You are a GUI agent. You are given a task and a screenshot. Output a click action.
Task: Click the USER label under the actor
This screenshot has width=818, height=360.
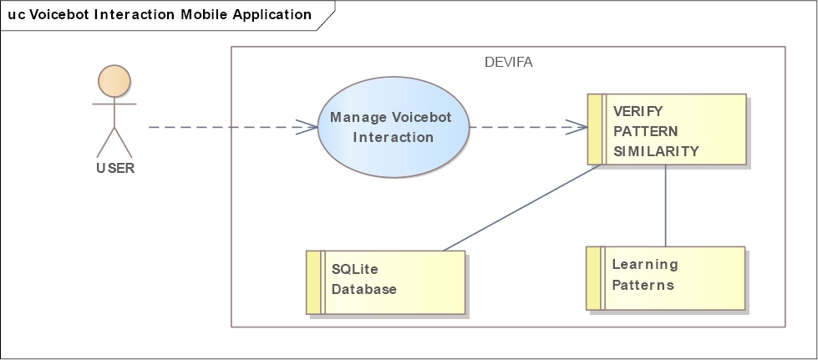click(x=114, y=167)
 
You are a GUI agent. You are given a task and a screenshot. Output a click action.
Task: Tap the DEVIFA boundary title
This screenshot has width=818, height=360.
click(x=508, y=62)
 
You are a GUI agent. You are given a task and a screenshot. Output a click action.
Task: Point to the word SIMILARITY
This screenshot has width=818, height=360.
click(x=656, y=151)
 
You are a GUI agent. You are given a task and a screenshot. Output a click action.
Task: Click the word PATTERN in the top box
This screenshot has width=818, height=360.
click(x=645, y=131)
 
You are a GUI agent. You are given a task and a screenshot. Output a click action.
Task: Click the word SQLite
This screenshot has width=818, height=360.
click(x=355, y=269)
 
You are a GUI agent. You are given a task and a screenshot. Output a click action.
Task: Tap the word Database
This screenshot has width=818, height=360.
click(x=363, y=290)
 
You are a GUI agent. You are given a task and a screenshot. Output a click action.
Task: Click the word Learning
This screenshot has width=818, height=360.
click(x=645, y=265)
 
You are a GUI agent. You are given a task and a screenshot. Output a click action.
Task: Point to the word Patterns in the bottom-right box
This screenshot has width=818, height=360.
click(x=643, y=285)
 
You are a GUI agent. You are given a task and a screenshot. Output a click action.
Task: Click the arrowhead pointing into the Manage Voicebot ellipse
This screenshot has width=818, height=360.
click(x=309, y=128)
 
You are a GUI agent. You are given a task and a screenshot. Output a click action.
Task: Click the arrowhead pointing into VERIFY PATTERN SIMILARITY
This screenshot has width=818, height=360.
click(x=579, y=128)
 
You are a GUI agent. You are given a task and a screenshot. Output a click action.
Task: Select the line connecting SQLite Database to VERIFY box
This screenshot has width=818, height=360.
click(x=522, y=207)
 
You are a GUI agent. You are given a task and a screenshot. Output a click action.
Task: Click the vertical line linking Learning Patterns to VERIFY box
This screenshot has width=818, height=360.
click(x=665, y=205)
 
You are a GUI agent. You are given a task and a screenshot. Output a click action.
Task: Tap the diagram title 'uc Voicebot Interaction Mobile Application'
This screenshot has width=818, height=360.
click(x=160, y=15)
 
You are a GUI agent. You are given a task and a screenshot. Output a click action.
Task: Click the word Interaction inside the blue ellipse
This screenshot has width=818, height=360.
click(x=394, y=137)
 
